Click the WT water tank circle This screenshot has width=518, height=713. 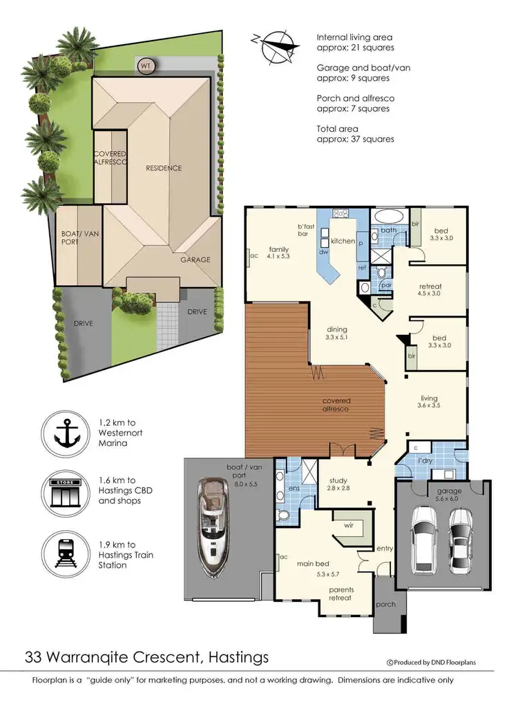146,66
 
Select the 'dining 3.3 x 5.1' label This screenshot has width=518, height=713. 336,333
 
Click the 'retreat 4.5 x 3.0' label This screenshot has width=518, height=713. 430,290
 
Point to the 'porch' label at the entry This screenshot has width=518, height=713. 385,604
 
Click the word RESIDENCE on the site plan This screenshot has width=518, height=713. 163,168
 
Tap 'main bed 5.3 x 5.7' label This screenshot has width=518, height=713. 311,567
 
